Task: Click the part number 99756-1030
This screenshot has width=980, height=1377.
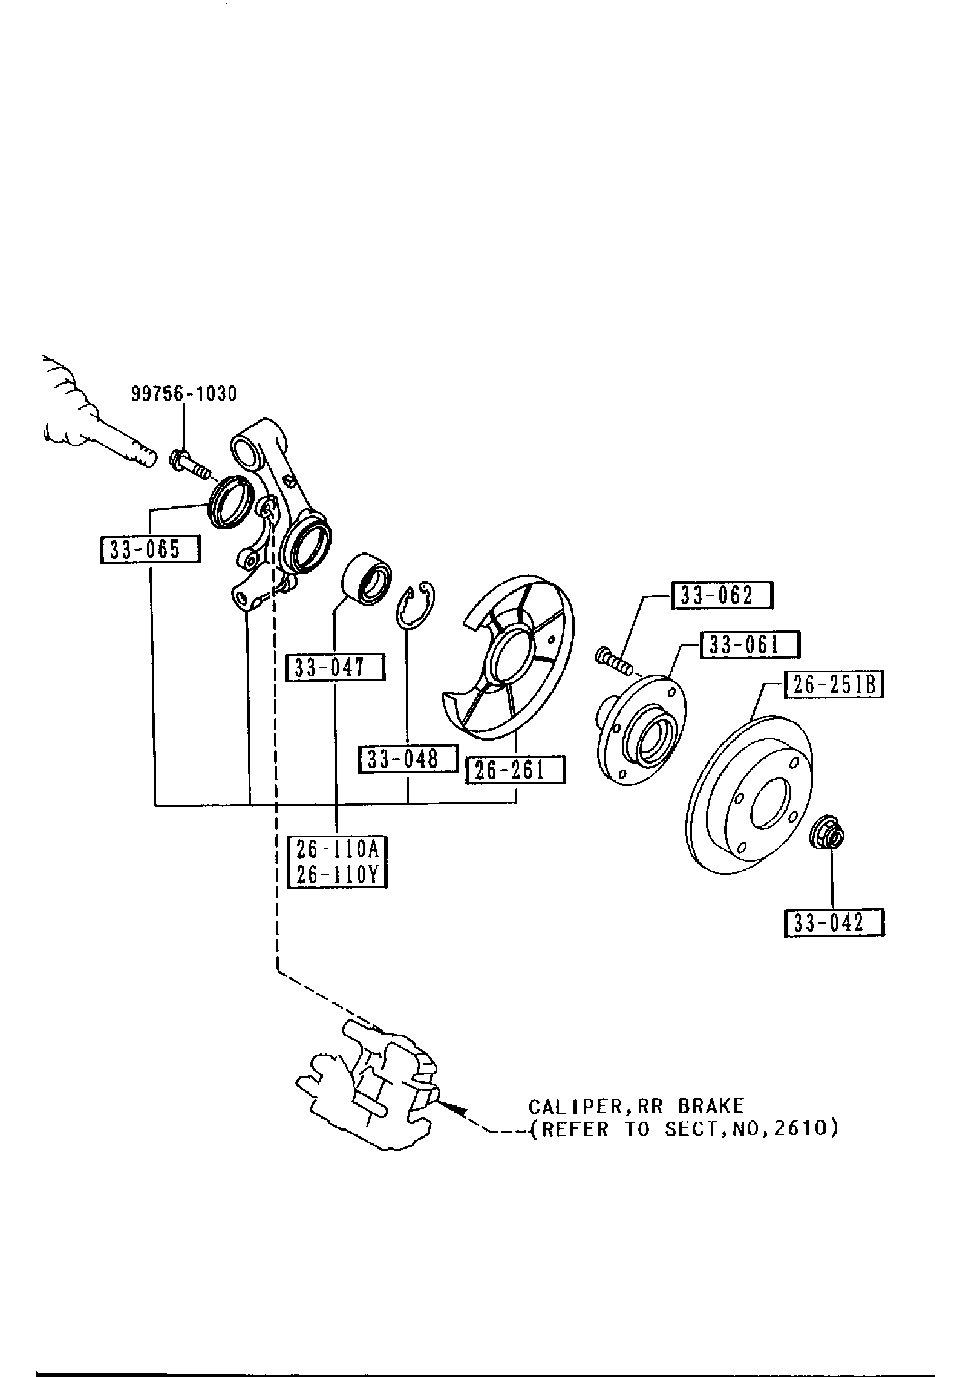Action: [185, 394]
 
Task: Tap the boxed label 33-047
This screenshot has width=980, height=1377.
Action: [335, 668]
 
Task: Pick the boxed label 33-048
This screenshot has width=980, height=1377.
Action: [408, 759]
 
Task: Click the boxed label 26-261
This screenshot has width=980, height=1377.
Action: [515, 770]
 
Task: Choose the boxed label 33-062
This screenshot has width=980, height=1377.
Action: [722, 596]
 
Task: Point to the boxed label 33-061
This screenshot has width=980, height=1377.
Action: [750, 645]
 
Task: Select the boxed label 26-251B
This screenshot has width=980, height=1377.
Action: [834, 685]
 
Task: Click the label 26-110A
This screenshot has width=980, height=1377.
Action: [337, 850]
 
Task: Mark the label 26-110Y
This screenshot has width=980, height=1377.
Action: [337, 875]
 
